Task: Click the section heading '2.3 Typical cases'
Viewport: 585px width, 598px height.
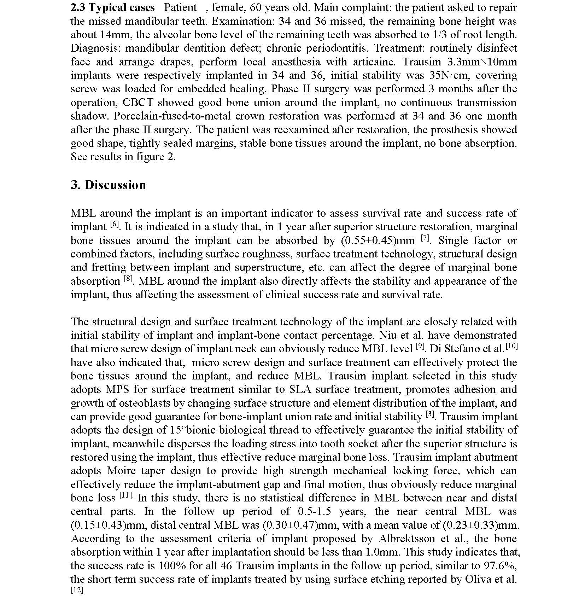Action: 112,8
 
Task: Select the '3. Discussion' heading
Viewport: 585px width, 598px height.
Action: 108,185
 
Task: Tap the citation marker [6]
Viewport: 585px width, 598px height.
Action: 115,225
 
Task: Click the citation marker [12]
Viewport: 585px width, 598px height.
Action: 77,590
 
